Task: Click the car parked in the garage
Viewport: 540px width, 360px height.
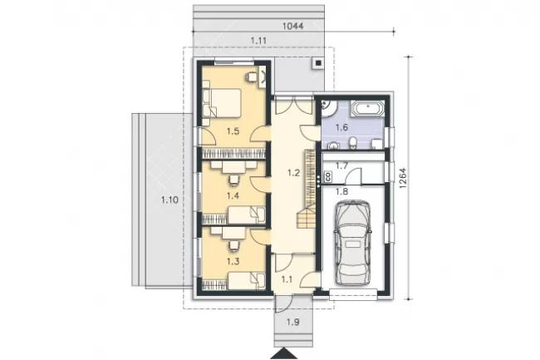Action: point(352,243)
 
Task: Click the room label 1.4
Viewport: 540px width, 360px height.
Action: point(233,196)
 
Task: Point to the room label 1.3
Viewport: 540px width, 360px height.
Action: point(233,261)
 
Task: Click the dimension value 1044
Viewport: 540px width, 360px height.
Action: point(292,26)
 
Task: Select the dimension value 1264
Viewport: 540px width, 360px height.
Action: point(403,178)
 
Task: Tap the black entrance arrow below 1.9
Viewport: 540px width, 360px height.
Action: point(284,354)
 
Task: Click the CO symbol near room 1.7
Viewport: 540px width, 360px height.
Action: point(328,177)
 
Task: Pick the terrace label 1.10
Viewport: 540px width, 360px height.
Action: point(169,200)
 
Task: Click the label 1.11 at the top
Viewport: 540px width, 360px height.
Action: point(258,41)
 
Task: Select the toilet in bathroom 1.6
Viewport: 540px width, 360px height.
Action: point(353,143)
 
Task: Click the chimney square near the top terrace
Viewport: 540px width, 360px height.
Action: point(318,63)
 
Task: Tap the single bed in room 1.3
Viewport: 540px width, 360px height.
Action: point(247,280)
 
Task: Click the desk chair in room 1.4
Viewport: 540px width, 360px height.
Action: point(233,180)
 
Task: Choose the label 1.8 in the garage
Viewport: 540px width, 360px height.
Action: point(341,191)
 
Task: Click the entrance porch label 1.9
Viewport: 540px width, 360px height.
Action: point(292,323)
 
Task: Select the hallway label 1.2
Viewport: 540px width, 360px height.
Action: point(293,173)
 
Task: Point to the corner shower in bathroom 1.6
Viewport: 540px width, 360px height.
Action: point(328,109)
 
